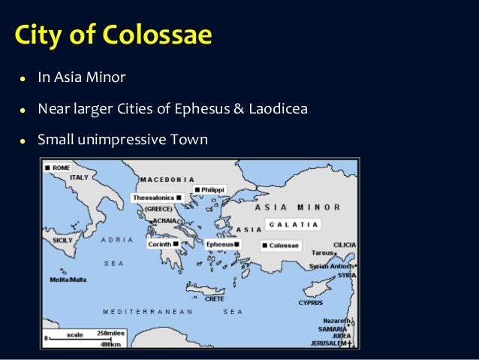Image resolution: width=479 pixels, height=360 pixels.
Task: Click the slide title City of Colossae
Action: [113, 35]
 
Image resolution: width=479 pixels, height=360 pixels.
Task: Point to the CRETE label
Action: [215, 298]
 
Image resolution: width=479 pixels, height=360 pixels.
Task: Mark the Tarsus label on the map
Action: [324, 253]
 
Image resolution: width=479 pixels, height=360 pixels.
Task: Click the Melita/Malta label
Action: [68, 279]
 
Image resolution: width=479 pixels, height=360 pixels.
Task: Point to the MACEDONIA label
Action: [166, 180]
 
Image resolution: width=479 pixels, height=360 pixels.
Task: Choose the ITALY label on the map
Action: [79, 177]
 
